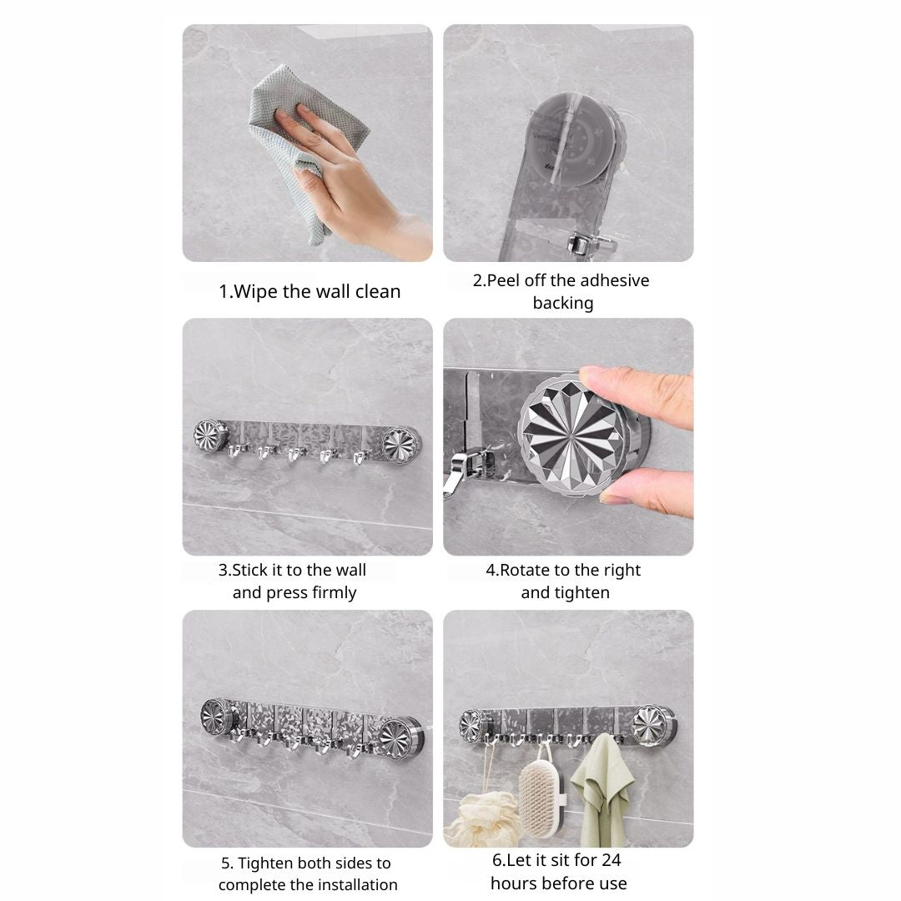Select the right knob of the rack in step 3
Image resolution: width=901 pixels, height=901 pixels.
(400, 444)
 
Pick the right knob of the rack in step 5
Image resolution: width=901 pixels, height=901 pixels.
(399, 737)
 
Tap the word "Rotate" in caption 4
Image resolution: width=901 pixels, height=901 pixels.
(526, 570)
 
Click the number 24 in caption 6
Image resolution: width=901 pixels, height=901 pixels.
(611, 860)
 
